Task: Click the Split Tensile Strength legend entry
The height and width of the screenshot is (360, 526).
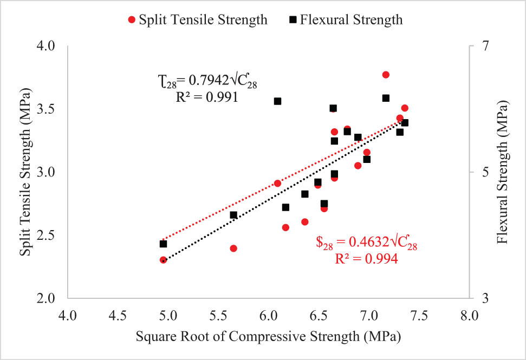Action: (x=198, y=20)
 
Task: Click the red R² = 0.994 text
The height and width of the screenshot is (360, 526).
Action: (x=367, y=259)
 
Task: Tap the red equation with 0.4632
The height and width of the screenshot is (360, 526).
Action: (x=367, y=245)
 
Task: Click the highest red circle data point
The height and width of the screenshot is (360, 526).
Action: (x=386, y=75)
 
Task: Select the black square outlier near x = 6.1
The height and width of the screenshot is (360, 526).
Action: (x=277, y=101)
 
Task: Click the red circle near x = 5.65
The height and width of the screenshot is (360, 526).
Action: (x=233, y=248)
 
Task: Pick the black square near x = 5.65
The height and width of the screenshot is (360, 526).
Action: (x=233, y=215)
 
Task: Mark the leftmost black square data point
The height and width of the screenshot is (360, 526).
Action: (x=163, y=244)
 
